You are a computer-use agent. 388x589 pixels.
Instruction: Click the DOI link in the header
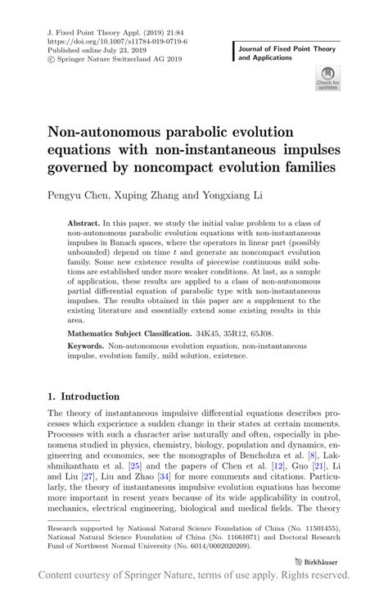119,39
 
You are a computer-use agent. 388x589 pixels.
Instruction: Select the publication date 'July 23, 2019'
114,48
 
